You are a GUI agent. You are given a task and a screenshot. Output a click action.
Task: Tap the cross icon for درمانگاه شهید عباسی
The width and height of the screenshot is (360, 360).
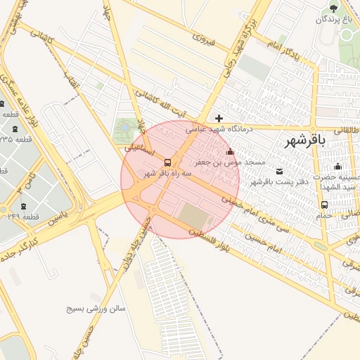click(x=219, y=118)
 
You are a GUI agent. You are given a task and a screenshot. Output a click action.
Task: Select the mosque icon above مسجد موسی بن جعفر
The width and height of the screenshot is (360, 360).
click(x=229, y=152)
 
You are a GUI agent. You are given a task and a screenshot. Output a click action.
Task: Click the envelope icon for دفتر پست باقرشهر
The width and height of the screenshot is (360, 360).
click(x=281, y=172)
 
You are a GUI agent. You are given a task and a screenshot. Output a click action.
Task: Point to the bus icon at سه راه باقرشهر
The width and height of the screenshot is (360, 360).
click(x=167, y=162)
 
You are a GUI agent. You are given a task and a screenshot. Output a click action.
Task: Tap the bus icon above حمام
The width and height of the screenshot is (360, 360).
click(x=323, y=205)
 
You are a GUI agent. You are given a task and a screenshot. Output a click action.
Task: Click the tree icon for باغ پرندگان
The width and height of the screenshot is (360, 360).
click(x=333, y=8)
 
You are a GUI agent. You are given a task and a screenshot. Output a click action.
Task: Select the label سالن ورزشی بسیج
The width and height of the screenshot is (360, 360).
click(x=95, y=308)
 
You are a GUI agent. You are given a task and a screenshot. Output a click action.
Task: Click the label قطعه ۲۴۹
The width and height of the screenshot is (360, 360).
click(x=22, y=217)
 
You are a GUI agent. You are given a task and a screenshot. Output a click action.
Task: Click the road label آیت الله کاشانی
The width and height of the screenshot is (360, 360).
click(x=162, y=103)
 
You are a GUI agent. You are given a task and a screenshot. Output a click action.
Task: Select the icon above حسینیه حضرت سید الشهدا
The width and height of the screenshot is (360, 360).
click(x=337, y=167)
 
